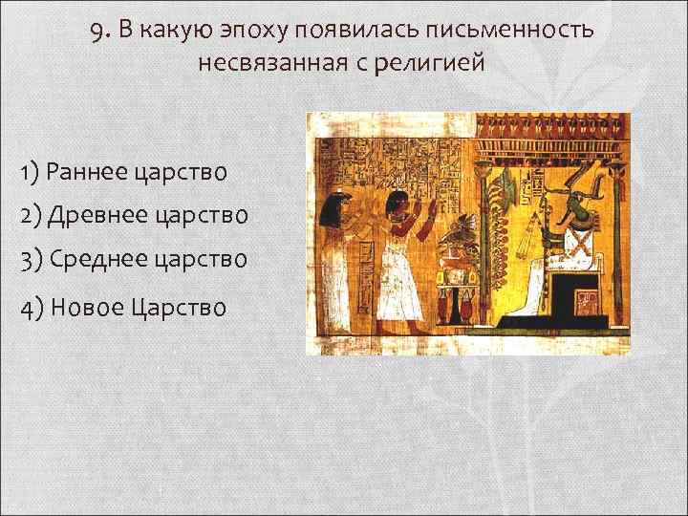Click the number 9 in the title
(x=98, y=30)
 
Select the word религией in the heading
(x=435, y=64)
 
